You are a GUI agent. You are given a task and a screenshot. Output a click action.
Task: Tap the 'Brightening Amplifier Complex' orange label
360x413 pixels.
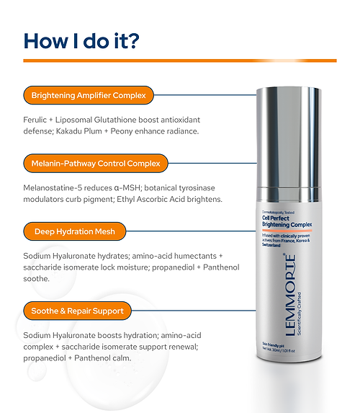pyautogui.click(x=89, y=94)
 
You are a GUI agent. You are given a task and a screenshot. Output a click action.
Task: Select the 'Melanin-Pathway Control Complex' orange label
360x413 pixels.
pyautogui.click(x=95, y=162)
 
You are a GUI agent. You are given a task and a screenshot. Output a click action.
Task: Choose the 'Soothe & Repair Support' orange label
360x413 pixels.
pyautogui.click(x=78, y=311)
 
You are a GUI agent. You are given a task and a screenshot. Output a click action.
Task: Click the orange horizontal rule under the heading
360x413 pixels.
pyautogui.click(x=180, y=61)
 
